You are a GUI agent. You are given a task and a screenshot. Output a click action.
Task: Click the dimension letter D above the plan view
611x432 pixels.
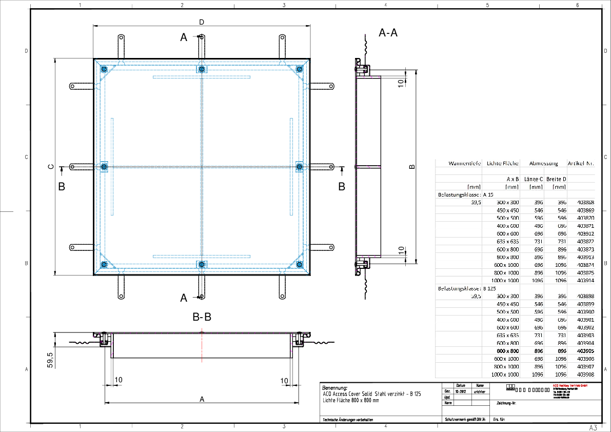click(202, 22)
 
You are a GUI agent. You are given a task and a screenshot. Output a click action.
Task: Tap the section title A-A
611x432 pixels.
click(388, 33)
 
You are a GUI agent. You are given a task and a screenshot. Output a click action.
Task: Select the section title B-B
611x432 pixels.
click(202, 317)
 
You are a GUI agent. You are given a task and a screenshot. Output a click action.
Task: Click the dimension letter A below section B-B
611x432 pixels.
click(202, 399)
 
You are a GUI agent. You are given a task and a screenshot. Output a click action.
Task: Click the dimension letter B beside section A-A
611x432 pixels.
click(411, 167)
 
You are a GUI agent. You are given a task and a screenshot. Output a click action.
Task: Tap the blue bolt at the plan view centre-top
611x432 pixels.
click(202, 69)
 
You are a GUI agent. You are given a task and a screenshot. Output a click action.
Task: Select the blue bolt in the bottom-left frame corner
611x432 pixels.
click(104, 265)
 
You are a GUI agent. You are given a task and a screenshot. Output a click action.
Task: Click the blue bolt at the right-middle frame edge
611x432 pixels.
click(300, 166)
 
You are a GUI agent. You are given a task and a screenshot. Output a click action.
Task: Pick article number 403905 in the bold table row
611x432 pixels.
click(585, 351)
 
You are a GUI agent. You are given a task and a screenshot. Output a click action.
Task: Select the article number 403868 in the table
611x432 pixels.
click(585, 203)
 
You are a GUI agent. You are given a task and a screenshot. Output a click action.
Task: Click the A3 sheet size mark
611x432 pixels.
click(593, 427)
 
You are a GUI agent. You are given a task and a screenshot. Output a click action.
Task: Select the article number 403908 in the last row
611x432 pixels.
click(585, 375)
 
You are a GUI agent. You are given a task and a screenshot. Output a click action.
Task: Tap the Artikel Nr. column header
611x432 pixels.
click(581, 164)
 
